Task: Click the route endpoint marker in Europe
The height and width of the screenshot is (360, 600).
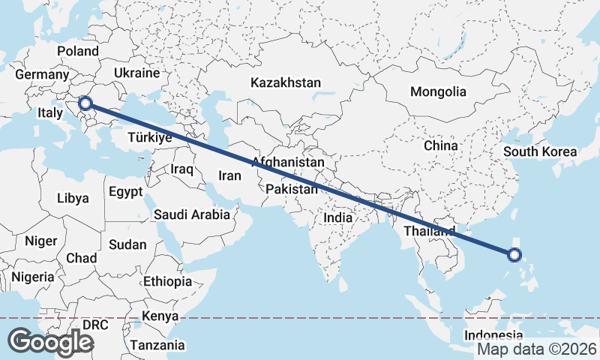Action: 86,103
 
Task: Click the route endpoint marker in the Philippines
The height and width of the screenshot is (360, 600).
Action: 514,255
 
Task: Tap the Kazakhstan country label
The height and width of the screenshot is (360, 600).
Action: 286,82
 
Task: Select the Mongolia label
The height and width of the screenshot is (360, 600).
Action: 438,92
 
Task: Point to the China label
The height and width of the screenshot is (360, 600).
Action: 440,145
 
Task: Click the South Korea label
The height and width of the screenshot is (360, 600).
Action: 540,152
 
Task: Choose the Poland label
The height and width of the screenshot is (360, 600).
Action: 78,51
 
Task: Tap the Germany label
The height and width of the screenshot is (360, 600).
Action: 41,75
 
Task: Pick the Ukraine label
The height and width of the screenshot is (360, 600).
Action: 137,73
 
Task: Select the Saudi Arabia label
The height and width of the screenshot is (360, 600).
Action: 192,215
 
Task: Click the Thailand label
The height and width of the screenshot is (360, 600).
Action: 429,230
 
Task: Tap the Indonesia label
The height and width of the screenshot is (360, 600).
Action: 493,335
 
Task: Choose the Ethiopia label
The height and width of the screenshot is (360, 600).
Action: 168,282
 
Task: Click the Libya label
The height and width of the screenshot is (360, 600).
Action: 73,199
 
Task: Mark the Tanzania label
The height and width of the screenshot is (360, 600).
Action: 157,346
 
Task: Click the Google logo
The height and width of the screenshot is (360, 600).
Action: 50,342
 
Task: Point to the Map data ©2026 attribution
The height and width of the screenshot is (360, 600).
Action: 537,349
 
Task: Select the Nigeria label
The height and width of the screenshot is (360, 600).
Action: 33,277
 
